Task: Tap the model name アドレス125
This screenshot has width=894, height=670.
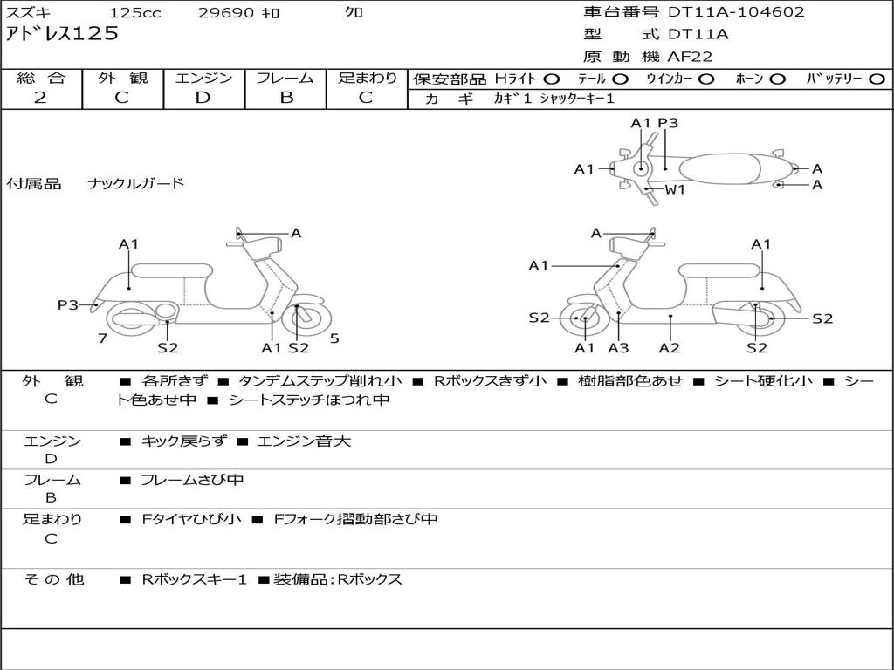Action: (x=62, y=34)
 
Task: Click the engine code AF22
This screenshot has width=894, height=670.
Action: (x=690, y=57)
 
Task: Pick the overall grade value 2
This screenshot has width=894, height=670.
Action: (x=40, y=98)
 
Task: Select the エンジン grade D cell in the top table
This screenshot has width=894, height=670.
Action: (x=203, y=98)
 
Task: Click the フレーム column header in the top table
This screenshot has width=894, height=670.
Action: (x=285, y=78)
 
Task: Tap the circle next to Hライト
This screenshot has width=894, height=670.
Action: (x=551, y=79)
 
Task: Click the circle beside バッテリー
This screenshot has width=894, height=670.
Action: (x=877, y=79)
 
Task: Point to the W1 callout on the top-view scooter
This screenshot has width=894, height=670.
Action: (x=675, y=189)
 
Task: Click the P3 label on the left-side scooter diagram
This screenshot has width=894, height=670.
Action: (x=68, y=304)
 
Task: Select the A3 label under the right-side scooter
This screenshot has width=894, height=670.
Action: (x=618, y=348)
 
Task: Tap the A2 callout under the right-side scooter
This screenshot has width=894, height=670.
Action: (x=670, y=348)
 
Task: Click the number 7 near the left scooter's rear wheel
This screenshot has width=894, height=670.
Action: (x=102, y=338)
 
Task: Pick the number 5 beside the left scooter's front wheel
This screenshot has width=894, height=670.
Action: (x=334, y=338)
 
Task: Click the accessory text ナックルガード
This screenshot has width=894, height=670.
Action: (x=136, y=183)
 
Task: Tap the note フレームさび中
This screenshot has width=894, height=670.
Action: (x=192, y=480)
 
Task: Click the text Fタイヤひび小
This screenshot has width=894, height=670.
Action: (x=192, y=519)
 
